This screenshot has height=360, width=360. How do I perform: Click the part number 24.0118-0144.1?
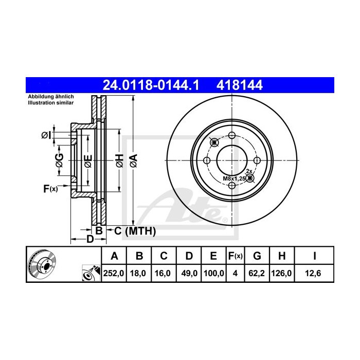(x=151, y=85)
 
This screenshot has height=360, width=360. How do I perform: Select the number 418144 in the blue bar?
(x=240, y=85)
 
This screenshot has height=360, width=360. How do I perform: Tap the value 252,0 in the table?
(x=114, y=273)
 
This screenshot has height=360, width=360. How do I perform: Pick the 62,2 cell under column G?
(x=257, y=273)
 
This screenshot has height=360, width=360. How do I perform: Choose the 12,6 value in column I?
(x=313, y=273)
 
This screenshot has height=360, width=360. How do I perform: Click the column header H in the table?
(x=282, y=256)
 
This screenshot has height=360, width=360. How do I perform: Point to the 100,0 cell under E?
(x=214, y=273)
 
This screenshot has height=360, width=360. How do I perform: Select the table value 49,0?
(x=189, y=273)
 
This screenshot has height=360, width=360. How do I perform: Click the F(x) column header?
(x=236, y=256)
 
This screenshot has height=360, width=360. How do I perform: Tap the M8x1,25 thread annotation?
(x=234, y=178)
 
